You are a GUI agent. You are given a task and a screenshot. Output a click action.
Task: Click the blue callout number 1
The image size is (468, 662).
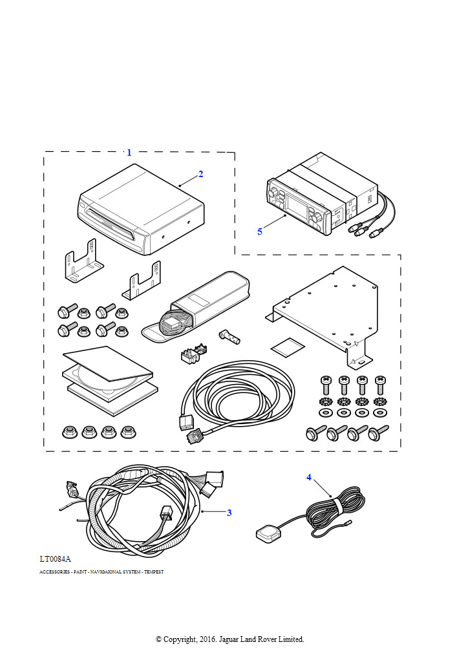tap(129, 153)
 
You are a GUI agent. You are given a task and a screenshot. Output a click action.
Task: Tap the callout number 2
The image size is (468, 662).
tap(201, 174)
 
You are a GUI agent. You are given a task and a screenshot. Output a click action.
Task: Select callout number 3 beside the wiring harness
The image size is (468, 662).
tap(229, 513)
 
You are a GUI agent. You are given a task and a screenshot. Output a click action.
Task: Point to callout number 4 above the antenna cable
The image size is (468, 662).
tap(309, 478)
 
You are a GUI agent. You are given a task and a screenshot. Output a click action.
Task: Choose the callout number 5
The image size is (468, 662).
tap(260, 231)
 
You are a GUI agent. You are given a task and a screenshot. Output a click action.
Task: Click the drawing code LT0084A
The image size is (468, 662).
tap(55, 558)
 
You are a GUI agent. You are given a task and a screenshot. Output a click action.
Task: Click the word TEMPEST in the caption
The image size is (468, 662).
tap(154, 572)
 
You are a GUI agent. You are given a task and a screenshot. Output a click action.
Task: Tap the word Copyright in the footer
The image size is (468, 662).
tap(180, 639)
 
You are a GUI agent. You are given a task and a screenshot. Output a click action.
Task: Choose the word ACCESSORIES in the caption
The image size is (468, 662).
tap(54, 572)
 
